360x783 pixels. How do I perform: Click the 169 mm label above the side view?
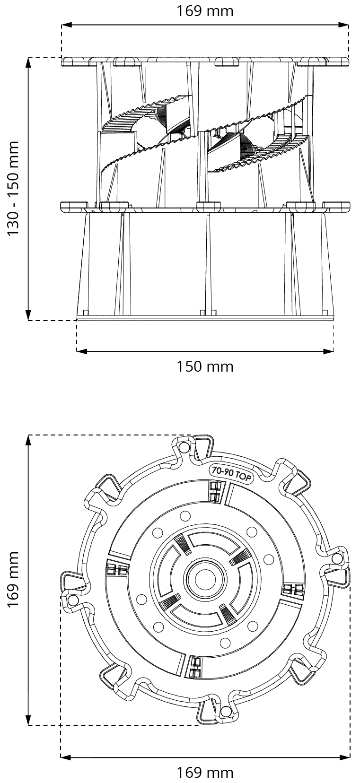pyautogui.click(x=205, y=10)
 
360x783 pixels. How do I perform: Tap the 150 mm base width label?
pyautogui.click(x=205, y=366)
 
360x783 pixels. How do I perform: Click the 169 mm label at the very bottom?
pyautogui.click(x=205, y=773)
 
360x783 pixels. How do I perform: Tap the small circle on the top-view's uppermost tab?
pyautogui.click(x=185, y=447)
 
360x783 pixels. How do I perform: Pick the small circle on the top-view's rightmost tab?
pyautogui.click(x=337, y=558)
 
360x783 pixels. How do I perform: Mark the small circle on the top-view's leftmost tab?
pyautogui.click(x=73, y=600)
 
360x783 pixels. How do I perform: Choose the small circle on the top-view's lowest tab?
pyautogui.click(x=225, y=712)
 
